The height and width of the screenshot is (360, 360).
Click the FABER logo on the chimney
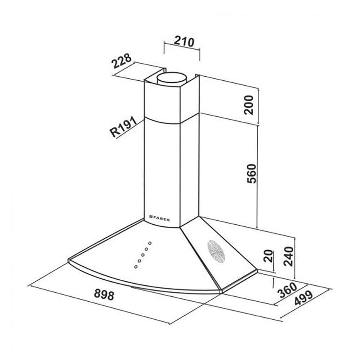coord(159,218)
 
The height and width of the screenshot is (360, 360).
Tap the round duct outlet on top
coord(172,78)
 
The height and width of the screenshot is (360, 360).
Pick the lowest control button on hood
coord(136,266)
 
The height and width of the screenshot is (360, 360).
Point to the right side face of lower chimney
coord(189,169)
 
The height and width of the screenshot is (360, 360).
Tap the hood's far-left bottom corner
coord(68,260)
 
